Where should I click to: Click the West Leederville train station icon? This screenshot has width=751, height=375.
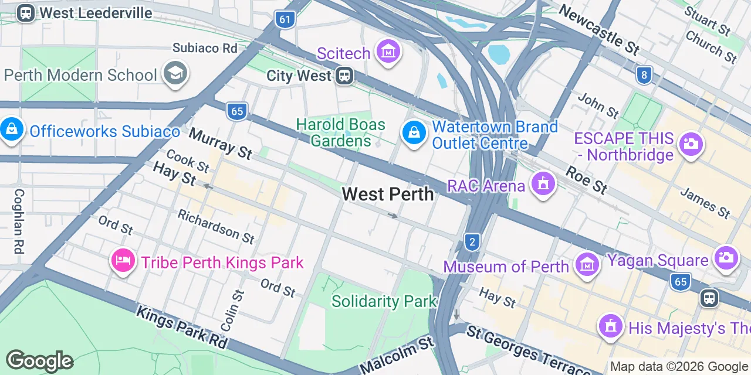(x=25, y=13)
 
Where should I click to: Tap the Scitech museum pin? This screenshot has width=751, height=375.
(x=388, y=52)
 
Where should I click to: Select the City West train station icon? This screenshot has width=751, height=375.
(x=344, y=76)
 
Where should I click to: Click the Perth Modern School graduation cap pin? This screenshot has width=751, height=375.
(x=175, y=74)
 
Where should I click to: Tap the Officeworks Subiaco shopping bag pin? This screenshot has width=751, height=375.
(x=12, y=129)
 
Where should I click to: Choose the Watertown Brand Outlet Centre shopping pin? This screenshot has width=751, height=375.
(x=414, y=133)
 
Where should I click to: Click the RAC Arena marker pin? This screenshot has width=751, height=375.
(x=543, y=185)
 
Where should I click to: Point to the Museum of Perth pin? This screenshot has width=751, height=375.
(x=587, y=265)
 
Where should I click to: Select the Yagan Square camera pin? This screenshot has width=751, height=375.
(x=726, y=258)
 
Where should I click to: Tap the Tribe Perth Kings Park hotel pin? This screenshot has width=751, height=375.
(x=123, y=260)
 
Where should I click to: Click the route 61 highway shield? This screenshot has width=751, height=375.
(x=285, y=19)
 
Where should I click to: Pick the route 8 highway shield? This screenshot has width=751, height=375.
(x=644, y=75)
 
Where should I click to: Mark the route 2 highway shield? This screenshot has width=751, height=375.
(x=472, y=241)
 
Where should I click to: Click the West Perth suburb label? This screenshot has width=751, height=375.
(x=388, y=194)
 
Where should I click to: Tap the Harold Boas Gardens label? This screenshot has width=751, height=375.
(x=341, y=132)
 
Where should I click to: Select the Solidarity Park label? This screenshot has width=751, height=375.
(x=384, y=301)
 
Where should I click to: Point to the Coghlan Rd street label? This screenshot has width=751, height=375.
(x=19, y=221)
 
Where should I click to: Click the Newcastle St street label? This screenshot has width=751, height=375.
(x=598, y=29)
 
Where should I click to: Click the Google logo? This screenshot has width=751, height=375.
(x=39, y=361)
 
